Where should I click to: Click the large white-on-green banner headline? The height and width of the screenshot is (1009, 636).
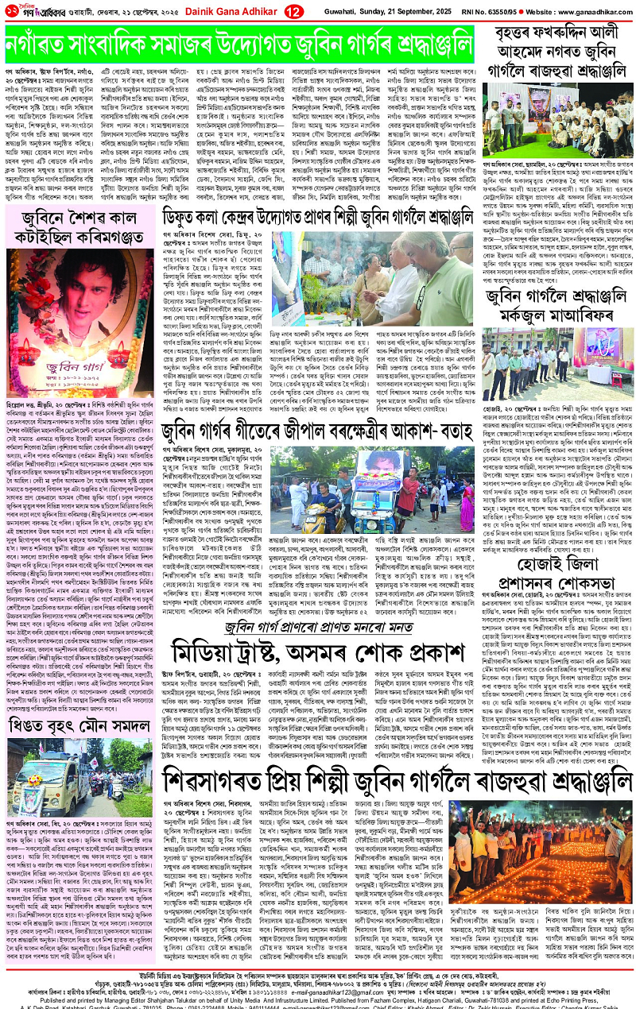pos(238,43)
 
